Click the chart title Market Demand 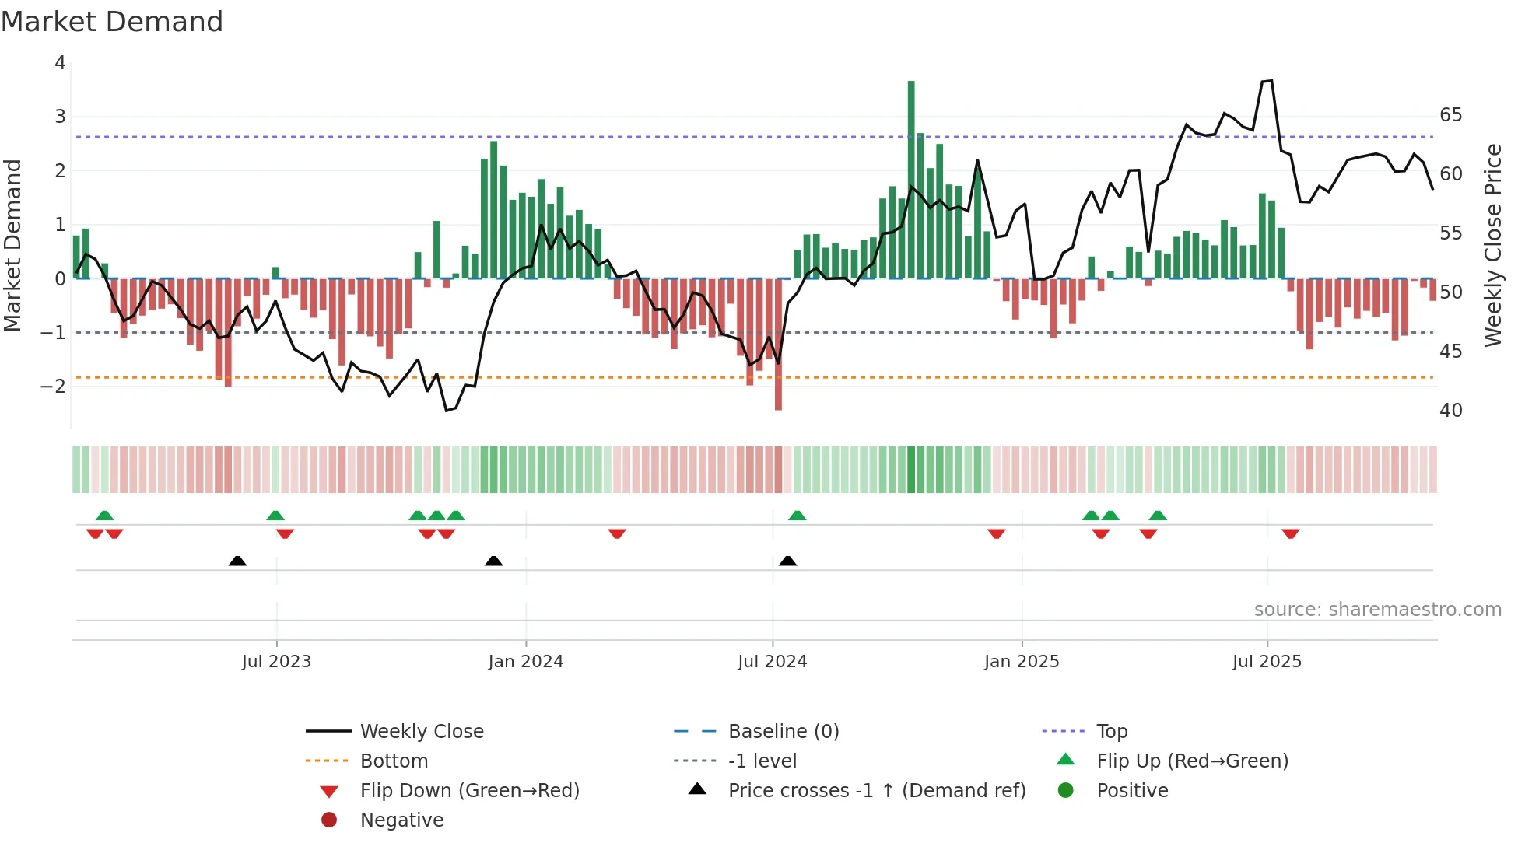112,22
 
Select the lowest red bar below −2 778,345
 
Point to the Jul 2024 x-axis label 772,662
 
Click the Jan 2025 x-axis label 1021,662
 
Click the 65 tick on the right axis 1450,115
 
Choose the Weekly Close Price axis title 1492,245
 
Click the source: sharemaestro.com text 1377,610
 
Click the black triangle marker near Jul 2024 787,561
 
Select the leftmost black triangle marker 237,561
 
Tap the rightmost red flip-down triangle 1291,533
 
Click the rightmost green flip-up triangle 1158,516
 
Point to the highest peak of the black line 1271,81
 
